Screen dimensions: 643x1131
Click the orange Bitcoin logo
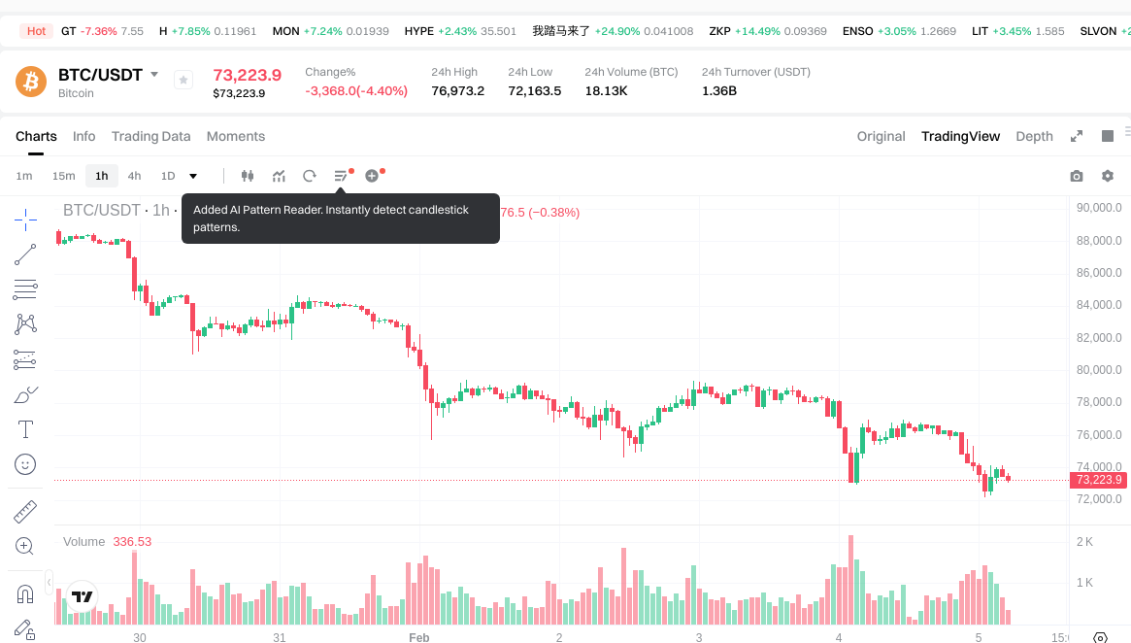point(31,81)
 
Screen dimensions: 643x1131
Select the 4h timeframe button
point(134,176)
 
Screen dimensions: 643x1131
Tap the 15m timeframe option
point(63,176)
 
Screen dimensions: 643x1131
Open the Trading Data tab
point(150,136)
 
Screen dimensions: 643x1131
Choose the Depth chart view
point(1034,136)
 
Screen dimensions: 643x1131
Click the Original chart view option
point(881,136)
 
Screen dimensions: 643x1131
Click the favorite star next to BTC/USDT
point(183,81)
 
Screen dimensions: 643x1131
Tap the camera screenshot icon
point(1076,176)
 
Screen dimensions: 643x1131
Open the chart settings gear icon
point(1108,176)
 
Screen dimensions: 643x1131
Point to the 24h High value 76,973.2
point(457,90)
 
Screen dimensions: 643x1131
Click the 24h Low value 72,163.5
point(534,90)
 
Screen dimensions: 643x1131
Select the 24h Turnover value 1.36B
point(719,90)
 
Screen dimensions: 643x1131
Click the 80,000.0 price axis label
point(1098,370)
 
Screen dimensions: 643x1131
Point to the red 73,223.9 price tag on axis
point(1098,480)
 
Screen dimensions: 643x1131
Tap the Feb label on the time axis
point(418,638)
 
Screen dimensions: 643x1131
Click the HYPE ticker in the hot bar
point(419,31)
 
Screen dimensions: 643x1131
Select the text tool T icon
point(25,429)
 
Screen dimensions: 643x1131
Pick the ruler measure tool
point(25,511)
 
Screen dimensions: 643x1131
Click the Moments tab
point(236,136)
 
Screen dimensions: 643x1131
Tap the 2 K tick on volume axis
point(1084,541)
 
